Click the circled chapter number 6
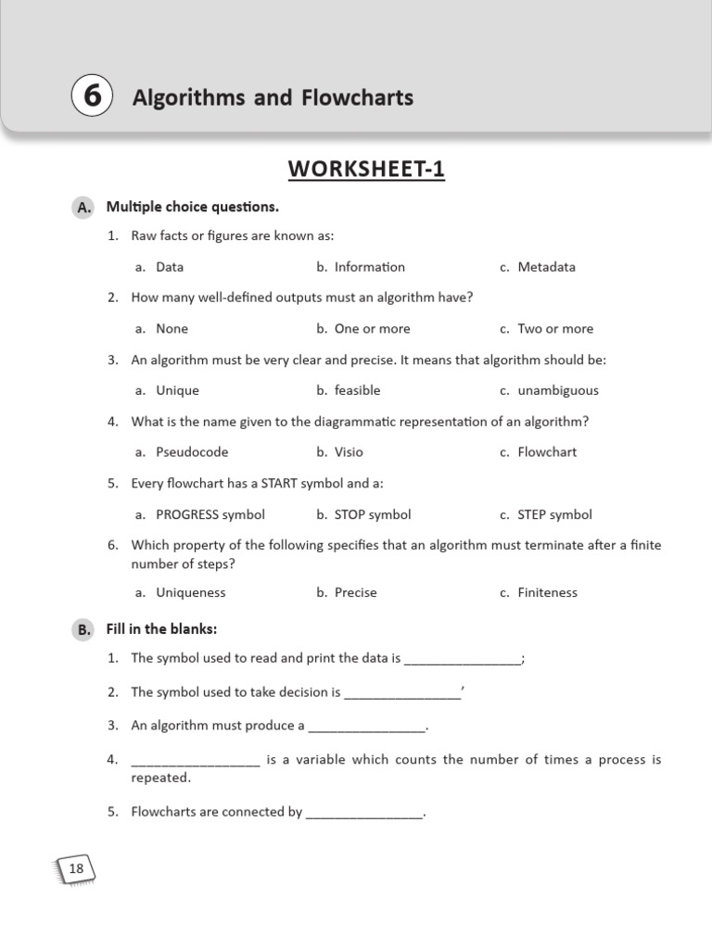pyautogui.click(x=92, y=97)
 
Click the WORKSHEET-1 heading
pyautogui.click(x=366, y=170)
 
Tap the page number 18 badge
pyautogui.click(x=76, y=868)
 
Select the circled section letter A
pyautogui.click(x=84, y=208)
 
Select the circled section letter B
pyautogui.click(x=84, y=630)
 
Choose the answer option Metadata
pyautogui.click(x=546, y=267)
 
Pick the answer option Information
pyautogui.click(x=369, y=267)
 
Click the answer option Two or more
pyautogui.click(x=555, y=329)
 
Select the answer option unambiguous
pyautogui.click(x=558, y=391)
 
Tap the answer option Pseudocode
pyautogui.click(x=192, y=452)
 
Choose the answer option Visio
pyautogui.click(x=349, y=452)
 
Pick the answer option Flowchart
pyautogui.click(x=547, y=452)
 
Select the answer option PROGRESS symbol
pyautogui.click(x=210, y=514)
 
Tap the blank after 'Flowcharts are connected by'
pyautogui.click(x=363, y=814)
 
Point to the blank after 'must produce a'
pyautogui.click(x=366, y=728)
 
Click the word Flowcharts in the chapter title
pyautogui.click(x=357, y=97)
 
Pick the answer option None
pyautogui.click(x=172, y=329)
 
